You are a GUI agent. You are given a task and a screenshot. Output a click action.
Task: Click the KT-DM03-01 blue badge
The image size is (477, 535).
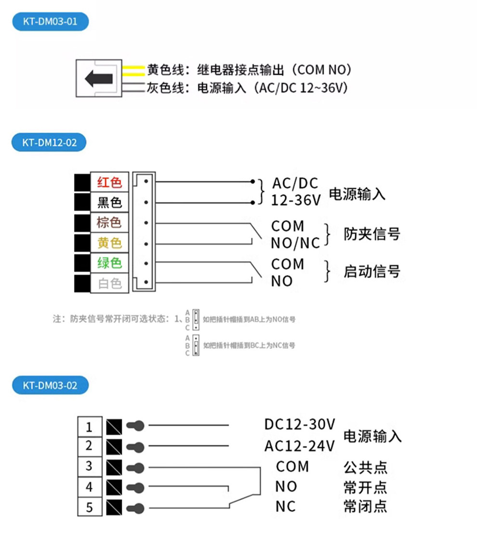pyautogui.click(x=50, y=22)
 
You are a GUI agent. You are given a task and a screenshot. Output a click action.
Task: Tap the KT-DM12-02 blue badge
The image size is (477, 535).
pyautogui.click(x=50, y=143)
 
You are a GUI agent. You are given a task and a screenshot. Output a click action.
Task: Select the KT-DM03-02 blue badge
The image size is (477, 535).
pyautogui.click(x=50, y=385)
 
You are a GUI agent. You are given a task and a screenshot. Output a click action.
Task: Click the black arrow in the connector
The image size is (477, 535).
pyautogui.click(x=99, y=78)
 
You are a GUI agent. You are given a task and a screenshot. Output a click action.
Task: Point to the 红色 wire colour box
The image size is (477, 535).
pyautogui.click(x=110, y=183)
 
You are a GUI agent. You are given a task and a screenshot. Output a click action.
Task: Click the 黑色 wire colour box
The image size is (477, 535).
pyautogui.click(x=110, y=202)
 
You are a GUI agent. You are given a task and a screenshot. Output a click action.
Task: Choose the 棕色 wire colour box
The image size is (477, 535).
pyautogui.click(x=110, y=223)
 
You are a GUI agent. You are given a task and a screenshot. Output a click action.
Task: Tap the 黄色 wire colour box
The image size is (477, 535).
pyautogui.click(x=110, y=243)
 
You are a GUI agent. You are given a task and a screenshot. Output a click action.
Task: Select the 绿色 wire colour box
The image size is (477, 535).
pyautogui.click(x=110, y=263)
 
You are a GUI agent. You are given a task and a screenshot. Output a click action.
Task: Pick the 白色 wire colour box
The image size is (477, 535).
pyautogui.click(x=110, y=283)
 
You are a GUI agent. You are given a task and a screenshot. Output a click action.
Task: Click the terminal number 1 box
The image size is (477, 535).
pyautogui.click(x=89, y=427)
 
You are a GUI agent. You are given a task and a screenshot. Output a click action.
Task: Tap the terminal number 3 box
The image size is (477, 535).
pyautogui.click(x=89, y=467)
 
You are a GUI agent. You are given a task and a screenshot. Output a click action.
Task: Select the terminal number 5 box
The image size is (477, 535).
pyautogui.click(x=89, y=507)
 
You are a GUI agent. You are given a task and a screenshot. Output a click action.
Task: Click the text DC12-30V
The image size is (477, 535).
pyautogui.click(x=299, y=425)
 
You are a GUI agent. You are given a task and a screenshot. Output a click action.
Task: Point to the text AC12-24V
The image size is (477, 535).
pyautogui.click(x=299, y=446)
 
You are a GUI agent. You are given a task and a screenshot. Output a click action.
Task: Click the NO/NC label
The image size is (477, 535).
pyautogui.click(x=295, y=243)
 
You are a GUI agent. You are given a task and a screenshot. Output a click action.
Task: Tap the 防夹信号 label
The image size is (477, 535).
pyautogui.click(x=371, y=234)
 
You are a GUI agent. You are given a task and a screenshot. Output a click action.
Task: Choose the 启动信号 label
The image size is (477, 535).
pyautogui.click(x=371, y=272)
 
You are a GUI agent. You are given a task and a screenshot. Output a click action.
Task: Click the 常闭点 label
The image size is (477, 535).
pyautogui.click(x=365, y=507)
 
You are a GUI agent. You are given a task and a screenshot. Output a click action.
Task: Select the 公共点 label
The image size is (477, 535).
pyautogui.click(x=365, y=467)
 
